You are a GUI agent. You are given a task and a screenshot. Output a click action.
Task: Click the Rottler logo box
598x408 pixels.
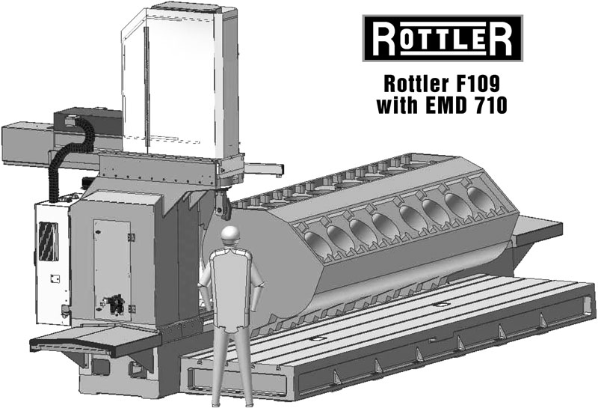[443, 38]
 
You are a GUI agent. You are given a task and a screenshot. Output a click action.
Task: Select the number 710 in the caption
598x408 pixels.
[490, 105]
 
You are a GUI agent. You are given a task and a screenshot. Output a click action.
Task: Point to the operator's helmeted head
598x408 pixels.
[231, 235]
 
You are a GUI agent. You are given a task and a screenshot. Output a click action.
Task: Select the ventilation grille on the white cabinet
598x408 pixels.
[49, 242]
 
